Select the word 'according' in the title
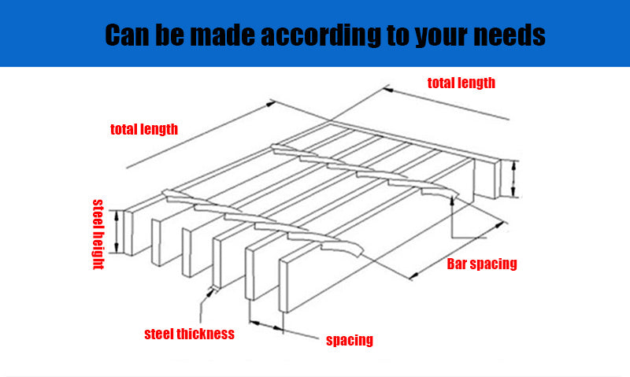click(x=321, y=35)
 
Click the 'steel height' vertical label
click(x=98, y=235)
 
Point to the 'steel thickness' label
click(x=189, y=334)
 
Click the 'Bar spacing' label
click(x=482, y=264)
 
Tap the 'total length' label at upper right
click(x=461, y=83)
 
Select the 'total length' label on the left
click(x=144, y=129)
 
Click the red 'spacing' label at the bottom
click(x=350, y=340)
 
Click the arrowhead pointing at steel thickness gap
click(x=210, y=293)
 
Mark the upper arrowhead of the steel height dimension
click(x=117, y=216)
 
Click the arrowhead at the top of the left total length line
click(x=271, y=104)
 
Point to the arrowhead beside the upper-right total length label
click(x=387, y=90)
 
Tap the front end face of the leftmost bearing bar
click(x=128, y=233)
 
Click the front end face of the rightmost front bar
click(x=283, y=286)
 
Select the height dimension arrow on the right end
click(x=513, y=178)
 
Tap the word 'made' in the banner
click(x=222, y=35)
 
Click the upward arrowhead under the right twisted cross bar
click(x=452, y=201)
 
